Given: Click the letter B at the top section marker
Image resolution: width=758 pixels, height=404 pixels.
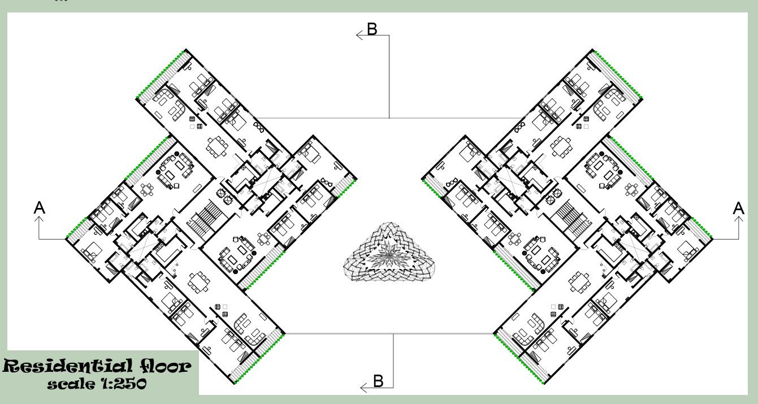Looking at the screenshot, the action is tap(372, 29).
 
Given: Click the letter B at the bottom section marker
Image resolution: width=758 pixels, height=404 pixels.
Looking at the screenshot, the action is tap(378, 381).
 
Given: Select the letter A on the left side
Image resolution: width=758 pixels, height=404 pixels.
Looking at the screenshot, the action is tap(40, 208).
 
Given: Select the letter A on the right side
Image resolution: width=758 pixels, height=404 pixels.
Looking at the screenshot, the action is tap(738, 208).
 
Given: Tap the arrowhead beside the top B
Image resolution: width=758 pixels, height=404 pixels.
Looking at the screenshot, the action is tap(359, 35).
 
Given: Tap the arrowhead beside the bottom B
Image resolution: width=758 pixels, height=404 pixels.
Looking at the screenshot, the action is tap(364, 388).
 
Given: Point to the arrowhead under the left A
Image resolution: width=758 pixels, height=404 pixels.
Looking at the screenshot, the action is tap(39, 220).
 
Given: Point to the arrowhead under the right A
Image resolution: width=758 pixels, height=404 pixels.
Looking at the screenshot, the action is tap(739, 220).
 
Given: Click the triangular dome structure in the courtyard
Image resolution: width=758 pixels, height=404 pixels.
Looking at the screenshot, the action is tap(389, 253).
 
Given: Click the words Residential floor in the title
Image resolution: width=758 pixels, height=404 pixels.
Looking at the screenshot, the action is tap(97, 367).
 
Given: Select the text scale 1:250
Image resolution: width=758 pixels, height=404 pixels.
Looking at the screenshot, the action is tap(97, 384).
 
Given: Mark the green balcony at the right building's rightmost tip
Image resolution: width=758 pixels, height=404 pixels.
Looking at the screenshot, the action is tap(701, 229).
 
